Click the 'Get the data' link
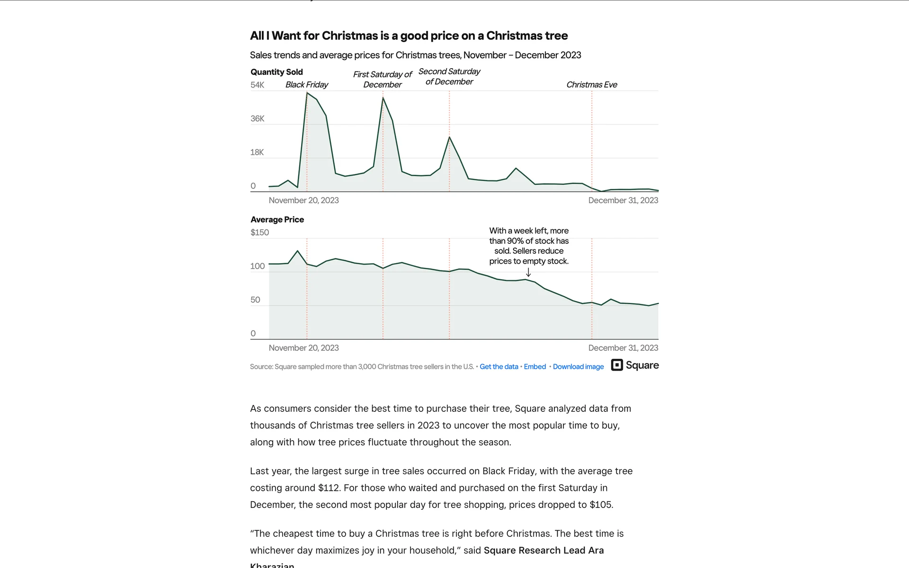[x=499, y=367]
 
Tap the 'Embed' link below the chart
[x=535, y=367]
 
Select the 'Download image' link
[x=578, y=367]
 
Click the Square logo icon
[x=617, y=365]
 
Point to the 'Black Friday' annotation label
[x=306, y=85]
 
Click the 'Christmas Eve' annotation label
[x=591, y=85]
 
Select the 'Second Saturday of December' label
[x=449, y=77]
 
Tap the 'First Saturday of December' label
[x=382, y=80]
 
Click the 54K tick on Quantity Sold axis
[x=257, y=85]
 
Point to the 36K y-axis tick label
[x=257, y=119]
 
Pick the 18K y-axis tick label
[x=257, y=152]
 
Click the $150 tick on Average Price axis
[x=259, y=232]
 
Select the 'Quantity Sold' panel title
[x=276, y=72]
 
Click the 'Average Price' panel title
[x=277, y=220]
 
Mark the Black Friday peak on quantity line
[x=307, y=93]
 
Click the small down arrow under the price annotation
[x=528, y=273]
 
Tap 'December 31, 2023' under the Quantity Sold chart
[x=623, y=200]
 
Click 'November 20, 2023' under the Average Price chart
[x=303, y=348]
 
